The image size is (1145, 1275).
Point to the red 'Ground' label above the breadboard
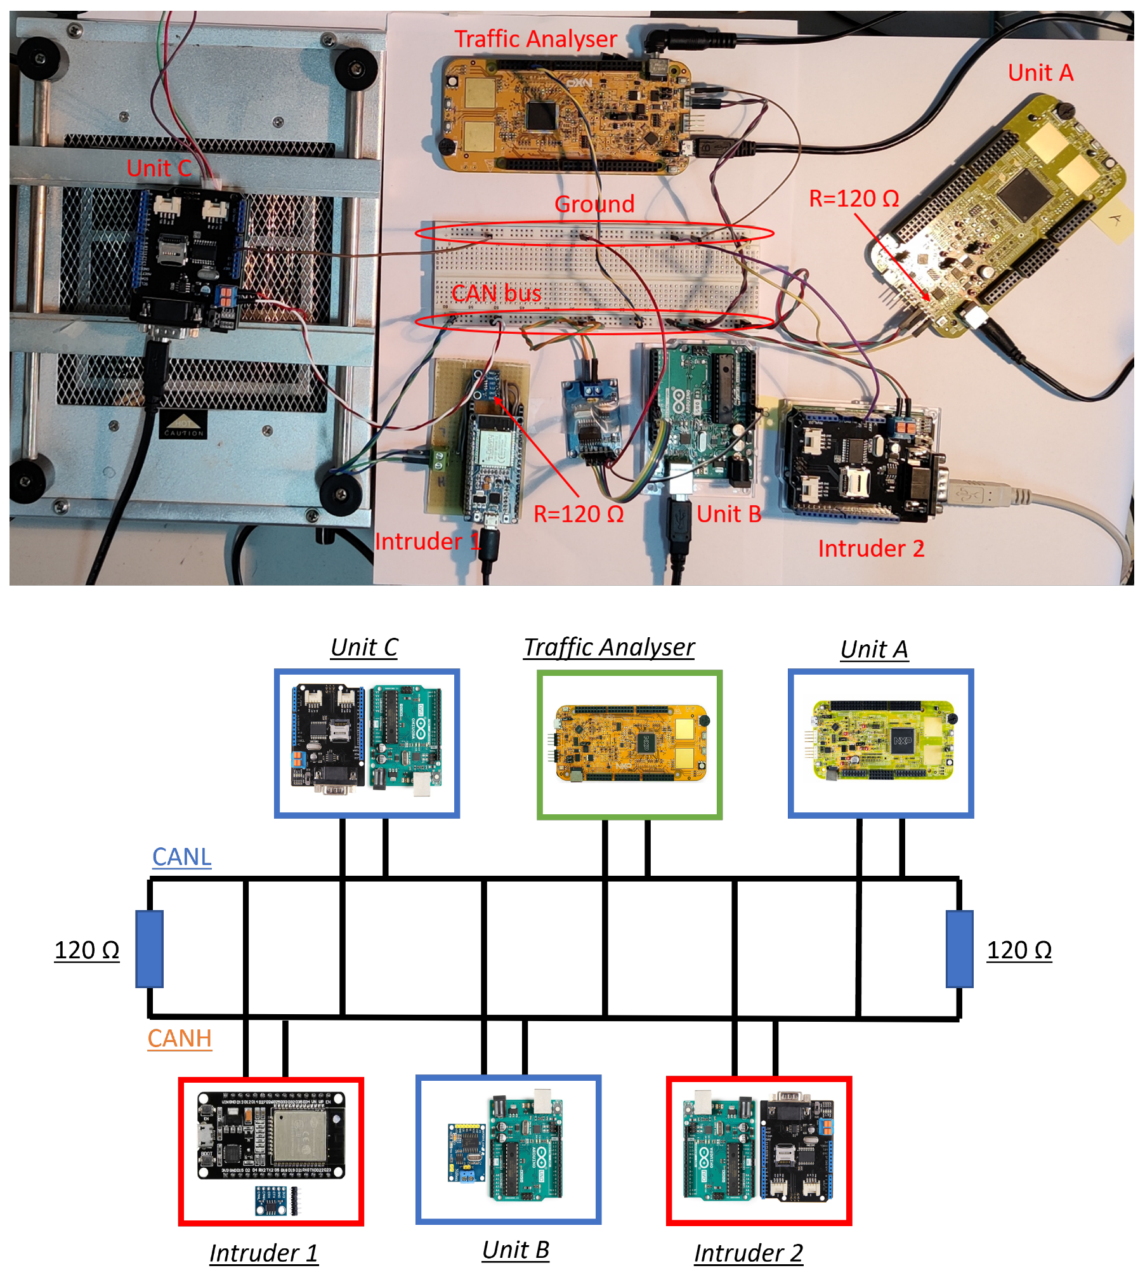pyautogui.click(x=594, y=204)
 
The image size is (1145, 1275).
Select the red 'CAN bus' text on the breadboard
pyautogui.click(x=496, y=293)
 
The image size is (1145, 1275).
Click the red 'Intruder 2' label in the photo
pyautogui.click(x=870, y=548)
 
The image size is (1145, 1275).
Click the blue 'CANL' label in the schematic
pyautogui.click(x=181, y=857)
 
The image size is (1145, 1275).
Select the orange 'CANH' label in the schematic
pyautogui.click(x=180, y=1038)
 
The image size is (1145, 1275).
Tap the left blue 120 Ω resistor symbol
pyautogui.click(x=150, y=949)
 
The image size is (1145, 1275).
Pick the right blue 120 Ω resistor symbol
pyautogui.click(x=959, y=949)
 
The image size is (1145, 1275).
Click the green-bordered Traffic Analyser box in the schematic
pyautogui.click(x=629, y=744)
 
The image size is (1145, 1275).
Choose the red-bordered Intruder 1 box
pyautogui.click(x=271, y=1151)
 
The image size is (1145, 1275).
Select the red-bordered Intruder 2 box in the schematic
pyautogui.click(x=758, y=1150)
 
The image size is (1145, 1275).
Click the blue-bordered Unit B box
pyautogui.click(x=508, y=1149)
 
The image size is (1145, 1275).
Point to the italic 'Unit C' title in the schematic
pyautogui.click(x=364, y=647)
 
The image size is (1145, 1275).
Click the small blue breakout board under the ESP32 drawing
pyautogui.click(x=272, y=1199)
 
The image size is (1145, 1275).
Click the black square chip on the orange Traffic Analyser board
pyautogui.click(x=540, y=116)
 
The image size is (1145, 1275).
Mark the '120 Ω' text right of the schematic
pyautogui.click(x=1019, y=950)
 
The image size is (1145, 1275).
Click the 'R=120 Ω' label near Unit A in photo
pyautogui.click(x=853, y=199)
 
